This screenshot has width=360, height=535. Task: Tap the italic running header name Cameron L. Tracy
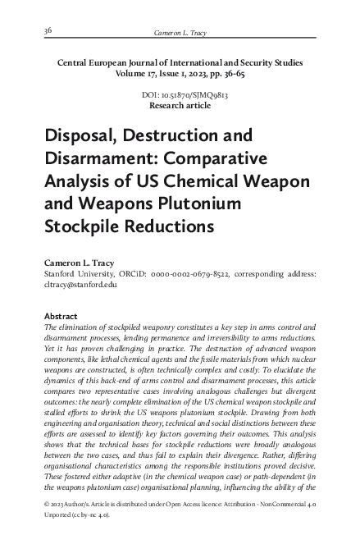tap(178, 33)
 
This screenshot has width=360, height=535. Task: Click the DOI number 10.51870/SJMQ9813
tap(189, 95)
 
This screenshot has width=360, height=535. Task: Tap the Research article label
tap(180, 106)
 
